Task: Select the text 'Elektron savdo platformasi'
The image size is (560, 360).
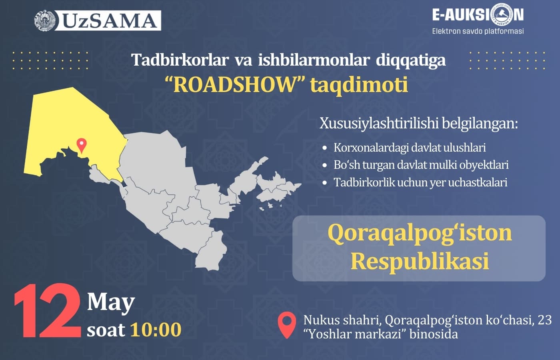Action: [478, 31]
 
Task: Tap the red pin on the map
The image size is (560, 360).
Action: [82, 145]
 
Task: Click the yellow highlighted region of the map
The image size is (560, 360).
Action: [72, 120]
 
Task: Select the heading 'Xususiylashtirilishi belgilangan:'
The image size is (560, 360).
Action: [418, 123]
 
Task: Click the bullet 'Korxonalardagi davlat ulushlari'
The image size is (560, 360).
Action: [410, 148]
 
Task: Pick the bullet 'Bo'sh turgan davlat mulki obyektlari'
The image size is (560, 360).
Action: [421, 165]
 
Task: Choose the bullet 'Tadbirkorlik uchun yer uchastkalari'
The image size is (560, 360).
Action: [420, 182]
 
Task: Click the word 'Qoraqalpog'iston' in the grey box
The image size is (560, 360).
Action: [420, 233]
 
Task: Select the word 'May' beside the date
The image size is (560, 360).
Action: [111, 302]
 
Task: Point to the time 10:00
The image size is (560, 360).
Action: [156, 330]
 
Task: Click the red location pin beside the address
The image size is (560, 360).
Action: [287, 325]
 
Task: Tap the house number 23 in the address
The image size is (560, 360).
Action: [545, 320]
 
